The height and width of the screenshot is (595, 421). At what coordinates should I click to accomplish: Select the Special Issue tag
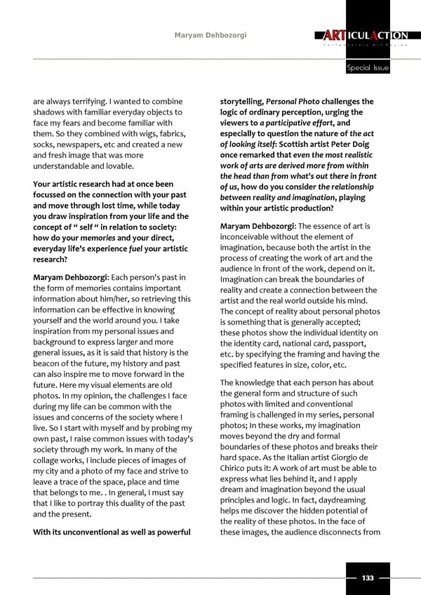368,68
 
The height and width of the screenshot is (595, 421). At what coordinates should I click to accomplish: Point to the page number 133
367,577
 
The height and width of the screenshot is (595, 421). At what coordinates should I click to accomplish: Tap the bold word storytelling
241,102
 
